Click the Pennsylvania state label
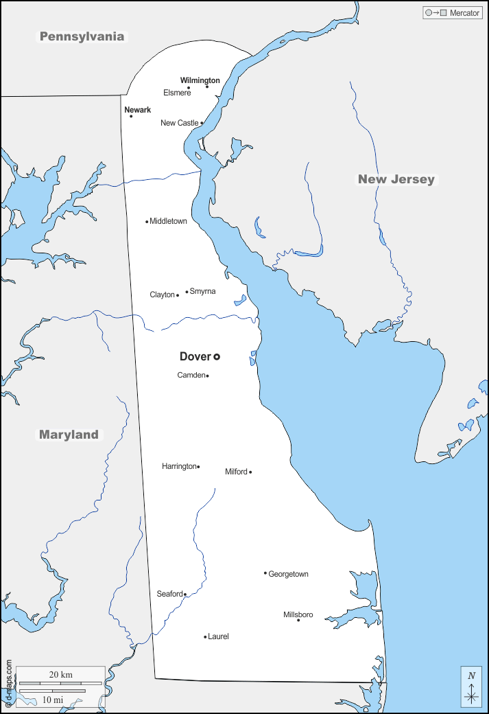82,36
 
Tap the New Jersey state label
396,179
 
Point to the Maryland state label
69,435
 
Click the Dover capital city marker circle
217,356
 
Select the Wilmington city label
200,80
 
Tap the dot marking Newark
131,116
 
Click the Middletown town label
168,221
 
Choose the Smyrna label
202,291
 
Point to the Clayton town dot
178,295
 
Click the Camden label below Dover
191,375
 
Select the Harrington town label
179,466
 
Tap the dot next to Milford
250,472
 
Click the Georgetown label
288,574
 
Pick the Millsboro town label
298,614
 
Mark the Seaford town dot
184,595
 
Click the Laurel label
218,636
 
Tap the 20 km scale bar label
60,674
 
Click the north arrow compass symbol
471,687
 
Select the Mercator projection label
464,13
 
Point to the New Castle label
179,123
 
